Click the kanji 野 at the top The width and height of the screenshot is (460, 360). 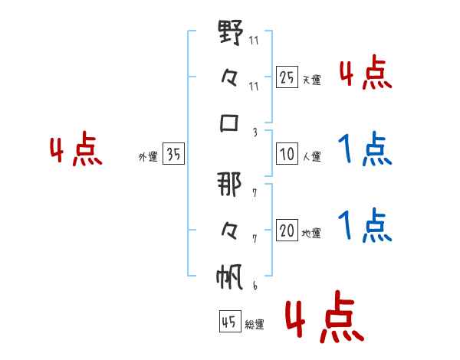click(x=231, y=32)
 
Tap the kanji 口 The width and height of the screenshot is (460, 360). click(x=229, y=123)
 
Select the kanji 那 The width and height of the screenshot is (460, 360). click(x=229, y=184)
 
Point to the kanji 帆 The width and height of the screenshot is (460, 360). click(x=229, y=277)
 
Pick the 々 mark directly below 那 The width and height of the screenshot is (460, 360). click(x=229, y=231)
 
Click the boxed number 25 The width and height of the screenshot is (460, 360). click(x=287, y=77)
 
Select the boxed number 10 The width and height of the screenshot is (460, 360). click(x=287, y=154)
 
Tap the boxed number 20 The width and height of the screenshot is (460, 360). click(x=287, y=230)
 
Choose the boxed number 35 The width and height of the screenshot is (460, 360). click(x=173, y=153)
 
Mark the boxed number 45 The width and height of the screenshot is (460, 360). click(x=230, y=321)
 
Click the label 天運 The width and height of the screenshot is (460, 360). click(x=311, y=80)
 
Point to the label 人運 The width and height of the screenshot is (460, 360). click(x=311, y=156)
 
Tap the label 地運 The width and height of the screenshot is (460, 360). click(x=311, y=233)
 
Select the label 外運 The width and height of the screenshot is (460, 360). click(x=148, y=157)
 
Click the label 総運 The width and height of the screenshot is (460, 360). click(x=255, y=324)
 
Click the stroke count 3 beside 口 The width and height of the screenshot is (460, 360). click(x=255, y=133)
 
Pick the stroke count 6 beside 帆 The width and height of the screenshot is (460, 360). click(x=255, y=286)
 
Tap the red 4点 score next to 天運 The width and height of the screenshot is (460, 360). click(x=366, y=72)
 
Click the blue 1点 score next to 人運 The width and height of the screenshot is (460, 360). click(x=365, y=149)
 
